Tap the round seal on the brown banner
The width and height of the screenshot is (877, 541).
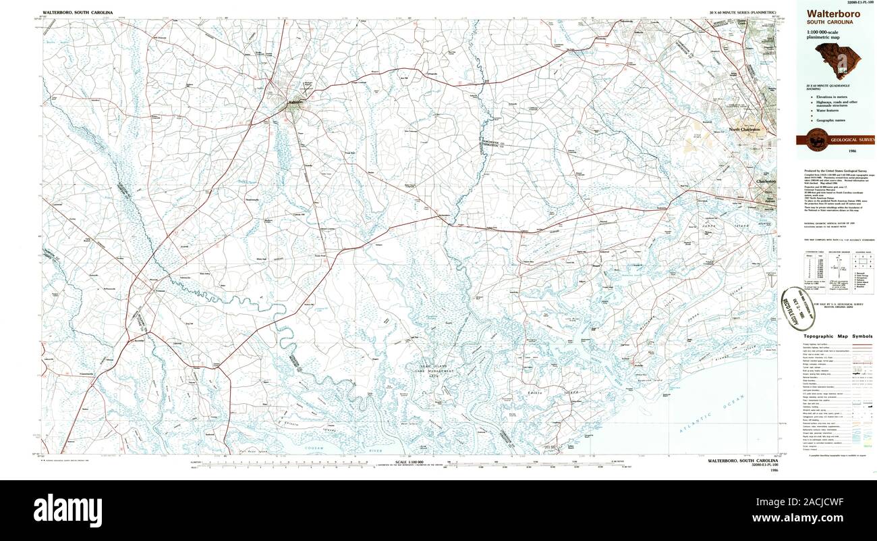click(x=816, y=140)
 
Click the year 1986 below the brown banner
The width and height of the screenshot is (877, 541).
click(x=834, y=151)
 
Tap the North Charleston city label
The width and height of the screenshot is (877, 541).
click(x=744, y=129)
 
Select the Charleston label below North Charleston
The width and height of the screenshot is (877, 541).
click(x=766, y=182)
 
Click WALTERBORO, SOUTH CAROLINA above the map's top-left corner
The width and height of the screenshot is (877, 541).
click(x=78, y=13)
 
